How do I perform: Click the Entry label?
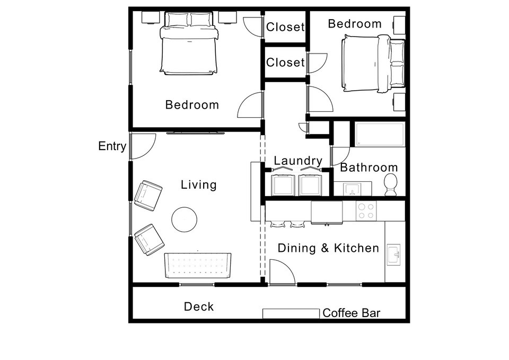coord(112,146)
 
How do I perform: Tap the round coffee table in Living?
coord(185,218)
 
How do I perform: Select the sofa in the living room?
coord(198,265)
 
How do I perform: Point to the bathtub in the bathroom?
coord(380,134)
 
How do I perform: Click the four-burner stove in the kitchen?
coord(365,211)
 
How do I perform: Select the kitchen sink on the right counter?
coord(394,255)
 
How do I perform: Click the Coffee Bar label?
coord(352,313)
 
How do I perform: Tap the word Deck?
coord(199,306)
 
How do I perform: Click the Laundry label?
coord(298,161)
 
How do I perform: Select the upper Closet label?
coord(285,27)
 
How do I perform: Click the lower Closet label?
coord(285,63)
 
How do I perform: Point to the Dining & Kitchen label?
coord(328,248)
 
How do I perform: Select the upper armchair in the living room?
coord(148,196)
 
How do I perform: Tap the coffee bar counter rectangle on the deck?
coord(292,314)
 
